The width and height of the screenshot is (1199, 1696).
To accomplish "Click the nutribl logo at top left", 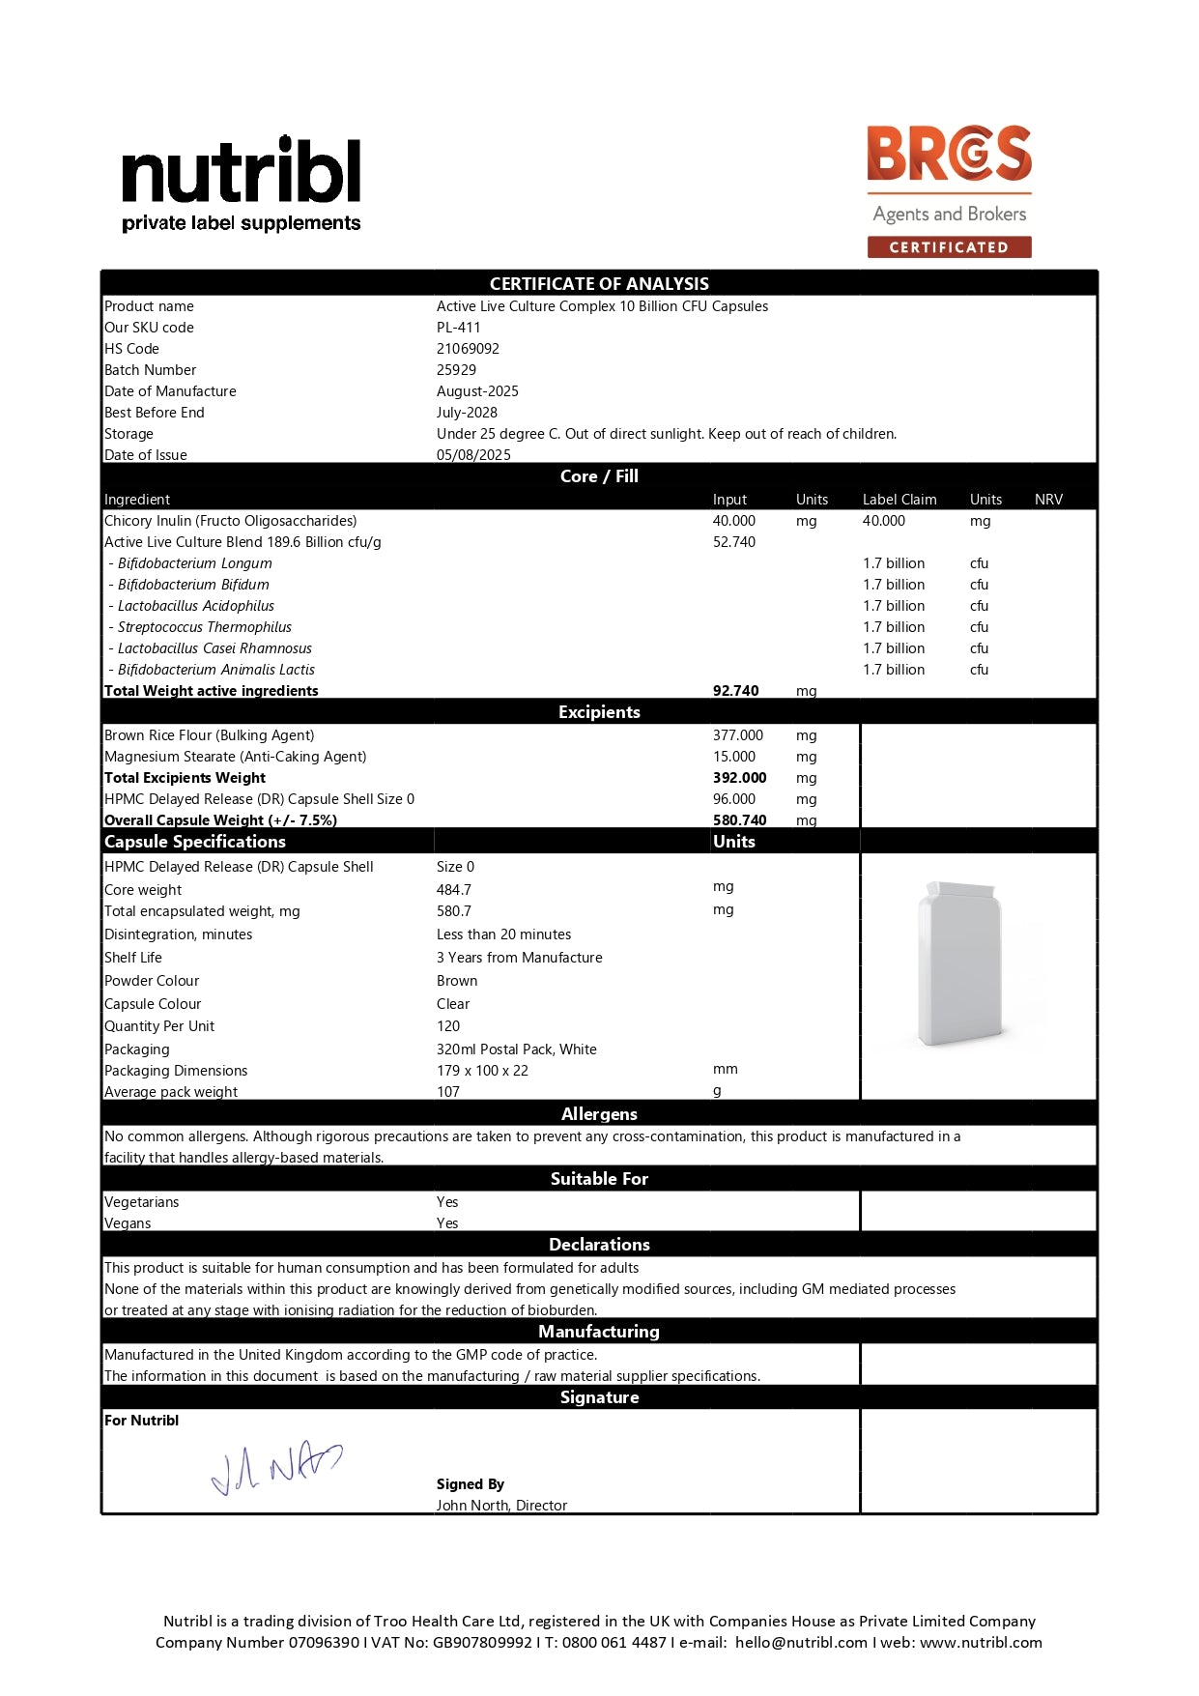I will pyautogui.click(x=241, y=184).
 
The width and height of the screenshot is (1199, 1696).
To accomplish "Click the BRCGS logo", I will pyautogui.click(x=949, y=154).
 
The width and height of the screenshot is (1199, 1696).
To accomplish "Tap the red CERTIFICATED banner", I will pyautogui.click(x=949, y=247).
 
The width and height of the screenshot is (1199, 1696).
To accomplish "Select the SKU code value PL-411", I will pyautogui.click(x=458, y=328).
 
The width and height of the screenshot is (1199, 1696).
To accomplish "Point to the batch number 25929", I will pyautogui.click(x=456, y=370).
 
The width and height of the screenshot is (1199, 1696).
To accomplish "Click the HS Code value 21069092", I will pyautogui.click(x=468, y=349).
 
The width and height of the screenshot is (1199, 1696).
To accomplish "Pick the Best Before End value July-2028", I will pyautogui.click(x=467, y=413).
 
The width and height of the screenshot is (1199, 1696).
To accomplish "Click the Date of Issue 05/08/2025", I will pyautogui.click(x=473, y=455).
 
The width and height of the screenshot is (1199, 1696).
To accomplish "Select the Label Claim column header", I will pyautogui.click(x=899, y=500).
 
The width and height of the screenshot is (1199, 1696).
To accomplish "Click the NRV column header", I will pyautogui.click(x=1048, y=500).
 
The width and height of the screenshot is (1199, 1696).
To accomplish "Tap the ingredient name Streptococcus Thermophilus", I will pyautogui.click(x=204, y=627).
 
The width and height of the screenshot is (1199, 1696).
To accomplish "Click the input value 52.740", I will pyautogui.click(x=734, y=542).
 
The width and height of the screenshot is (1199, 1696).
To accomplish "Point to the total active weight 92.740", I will pyautogui.click(x=736, y=691).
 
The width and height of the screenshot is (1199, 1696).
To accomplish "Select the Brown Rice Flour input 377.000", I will pyautogui.click(x=738, y=735).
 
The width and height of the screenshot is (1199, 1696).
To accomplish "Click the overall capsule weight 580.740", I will pyautogui.click(x=740, y=820).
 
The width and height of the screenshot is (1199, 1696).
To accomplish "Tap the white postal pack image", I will pyautogui.click(x=959, y=963).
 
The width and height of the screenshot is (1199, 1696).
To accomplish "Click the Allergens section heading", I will pyautogui.click(x=599, y=1114).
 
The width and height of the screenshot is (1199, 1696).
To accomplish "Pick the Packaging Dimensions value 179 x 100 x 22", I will pyautogui.click(x=482, y=1071).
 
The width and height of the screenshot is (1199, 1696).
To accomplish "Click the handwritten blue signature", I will pyautogui.click(x=276, y=1467).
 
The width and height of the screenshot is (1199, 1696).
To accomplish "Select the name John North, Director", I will pyautogui.click(x=501, y=1506).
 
